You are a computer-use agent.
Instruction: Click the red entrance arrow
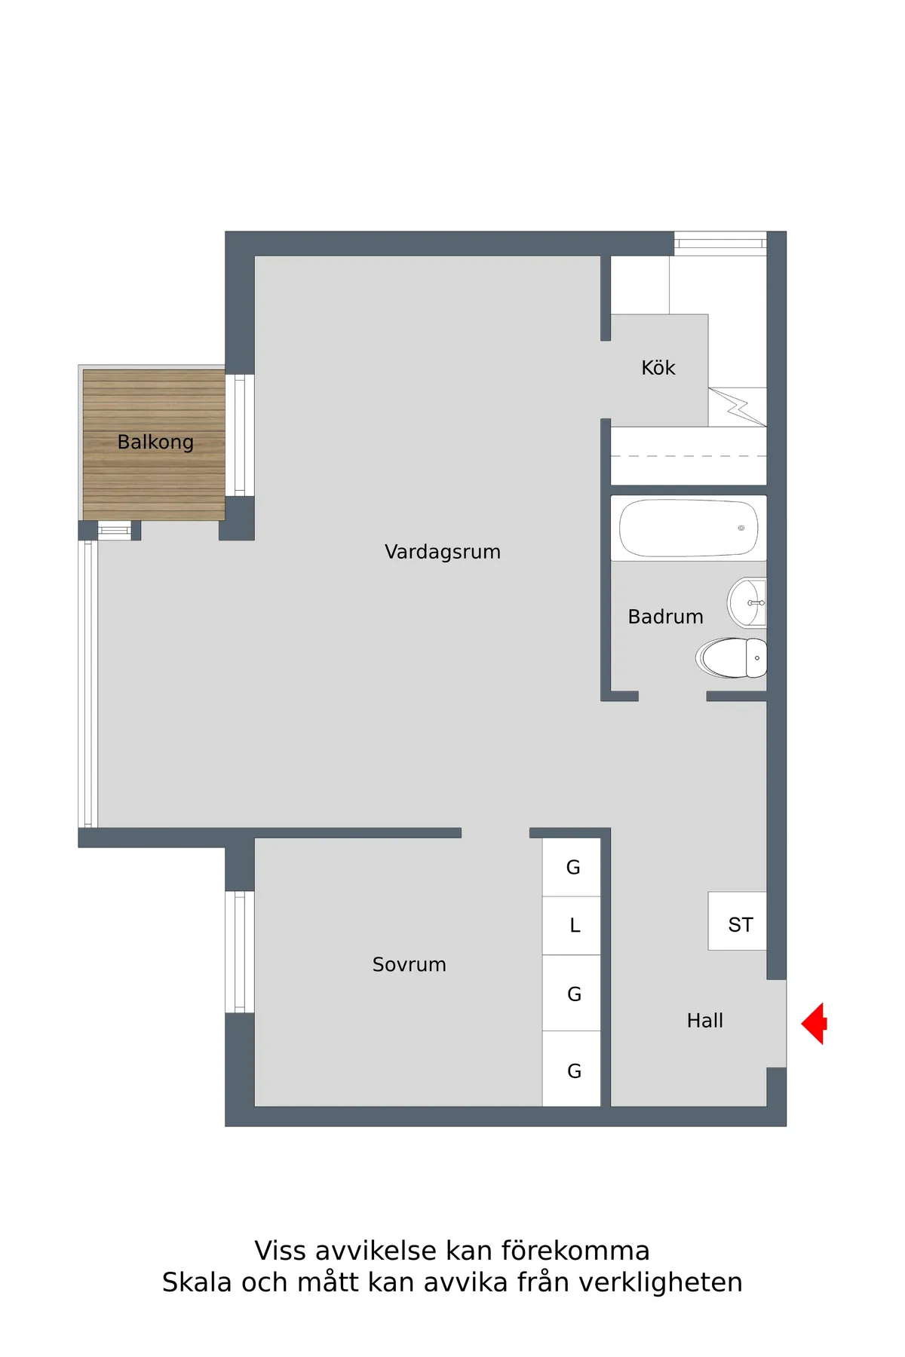[814, 1023]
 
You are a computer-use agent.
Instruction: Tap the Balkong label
[155, 442]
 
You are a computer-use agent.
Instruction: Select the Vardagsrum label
[443, 552]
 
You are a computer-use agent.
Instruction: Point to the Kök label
[658, 368]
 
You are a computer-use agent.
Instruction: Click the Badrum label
[666, 617]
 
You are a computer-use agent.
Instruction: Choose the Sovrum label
[410, 964]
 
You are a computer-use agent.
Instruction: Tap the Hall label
[705, 1021]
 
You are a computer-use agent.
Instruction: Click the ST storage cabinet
[738, 921]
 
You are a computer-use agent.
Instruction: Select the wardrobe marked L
[572, 926]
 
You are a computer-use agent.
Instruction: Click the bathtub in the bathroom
[689, 528]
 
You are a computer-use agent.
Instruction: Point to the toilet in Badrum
[732, 657]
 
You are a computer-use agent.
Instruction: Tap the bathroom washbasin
[747, 603]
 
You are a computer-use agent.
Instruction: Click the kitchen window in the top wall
[720, 243]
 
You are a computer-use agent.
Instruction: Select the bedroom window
[240, 951]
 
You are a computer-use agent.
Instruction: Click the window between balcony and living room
[240, 435]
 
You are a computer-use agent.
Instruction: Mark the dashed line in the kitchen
[689, 456]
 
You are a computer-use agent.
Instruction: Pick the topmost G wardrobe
[572, 867]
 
